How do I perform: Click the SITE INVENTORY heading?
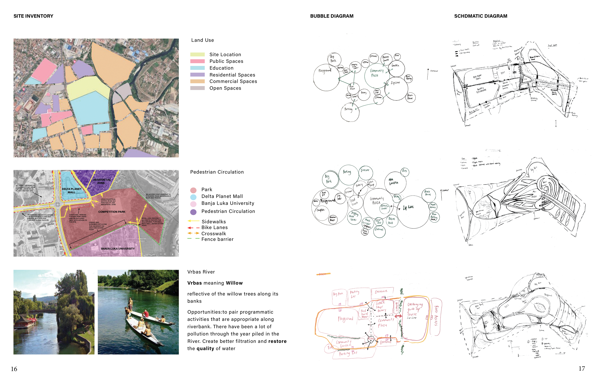[x=33, y=16]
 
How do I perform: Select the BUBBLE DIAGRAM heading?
[x=332, y=16]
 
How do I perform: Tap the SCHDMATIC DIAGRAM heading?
[x=480, y=16]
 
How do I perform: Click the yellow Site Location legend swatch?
[x=197, y=54]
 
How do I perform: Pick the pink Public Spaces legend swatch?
[x=197, y=61]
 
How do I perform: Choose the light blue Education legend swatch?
[x=197, y=68]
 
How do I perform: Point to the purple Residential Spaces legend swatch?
[x=197, y=75]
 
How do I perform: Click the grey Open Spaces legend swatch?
[x=197, y=88]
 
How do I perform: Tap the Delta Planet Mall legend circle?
[x=193, y=197]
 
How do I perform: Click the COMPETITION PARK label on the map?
[x=112, y=212]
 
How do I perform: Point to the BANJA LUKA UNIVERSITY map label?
[x=118, y=249]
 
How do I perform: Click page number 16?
[x=14, y=369]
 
